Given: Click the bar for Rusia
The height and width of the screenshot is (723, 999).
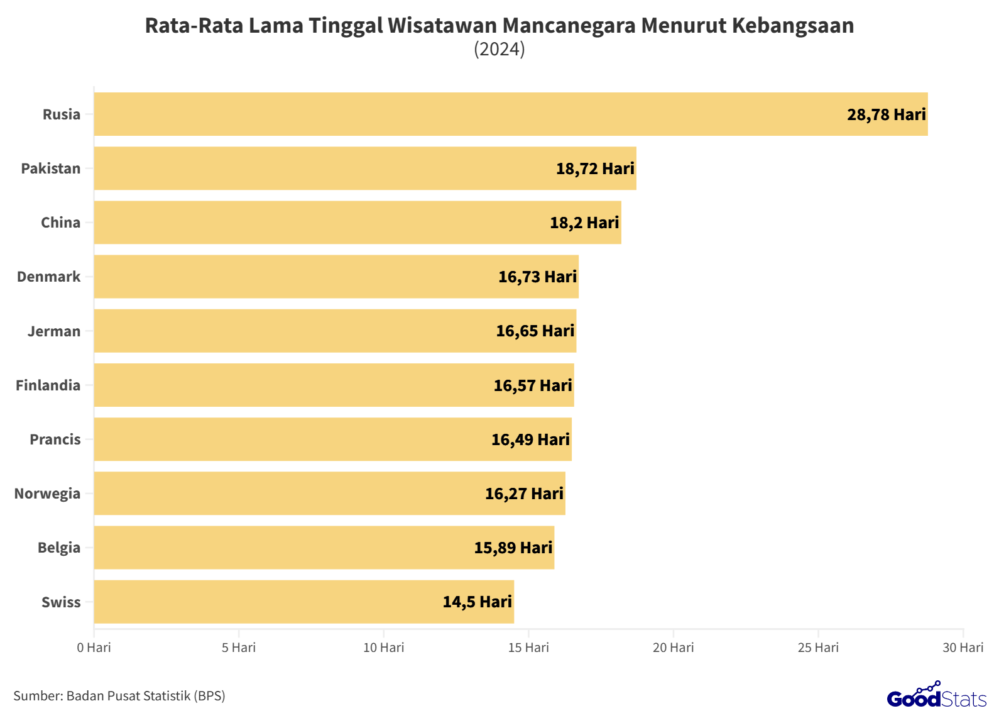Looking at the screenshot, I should click(x=510, y=114).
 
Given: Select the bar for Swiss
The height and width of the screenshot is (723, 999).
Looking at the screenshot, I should click(x=304, y=602).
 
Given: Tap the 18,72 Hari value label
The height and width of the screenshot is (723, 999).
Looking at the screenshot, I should click(x=595, y=168).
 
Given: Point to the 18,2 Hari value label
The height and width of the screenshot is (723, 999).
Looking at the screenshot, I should click(x=584, y=223).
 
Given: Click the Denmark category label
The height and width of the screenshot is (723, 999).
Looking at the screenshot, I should click(x=49, y=277).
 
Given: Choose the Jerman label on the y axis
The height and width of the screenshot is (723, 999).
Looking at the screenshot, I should click(x=54, y=331).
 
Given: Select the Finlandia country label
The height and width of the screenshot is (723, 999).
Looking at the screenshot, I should click(x=48, y=385).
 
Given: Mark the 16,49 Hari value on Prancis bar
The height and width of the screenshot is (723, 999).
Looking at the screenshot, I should click(x=530, y=439).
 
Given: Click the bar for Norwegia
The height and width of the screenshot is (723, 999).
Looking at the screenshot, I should click(x=329, y=494).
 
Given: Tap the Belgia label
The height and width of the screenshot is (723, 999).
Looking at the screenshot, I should click(x=59, y=548).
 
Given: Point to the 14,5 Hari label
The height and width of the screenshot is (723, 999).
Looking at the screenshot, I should click(x=477, y=602).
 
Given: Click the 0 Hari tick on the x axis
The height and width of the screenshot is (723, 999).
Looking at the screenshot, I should click(x=94, y=648).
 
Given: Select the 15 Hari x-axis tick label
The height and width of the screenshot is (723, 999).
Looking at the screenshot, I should click(x=528, y=648).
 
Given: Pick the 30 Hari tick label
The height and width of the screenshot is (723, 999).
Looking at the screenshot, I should click(x=963, y=648).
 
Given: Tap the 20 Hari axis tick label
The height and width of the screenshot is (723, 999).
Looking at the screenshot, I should click(x=673, y=648).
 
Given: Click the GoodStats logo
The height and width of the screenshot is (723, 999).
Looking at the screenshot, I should click(x=936, y=696).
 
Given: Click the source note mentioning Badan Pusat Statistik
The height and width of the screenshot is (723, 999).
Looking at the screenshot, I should click(x=119, y=696).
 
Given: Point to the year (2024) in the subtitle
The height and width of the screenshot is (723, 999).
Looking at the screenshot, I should click(x=499, y=49).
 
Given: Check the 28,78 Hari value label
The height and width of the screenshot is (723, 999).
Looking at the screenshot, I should click(x=886, y=114).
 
